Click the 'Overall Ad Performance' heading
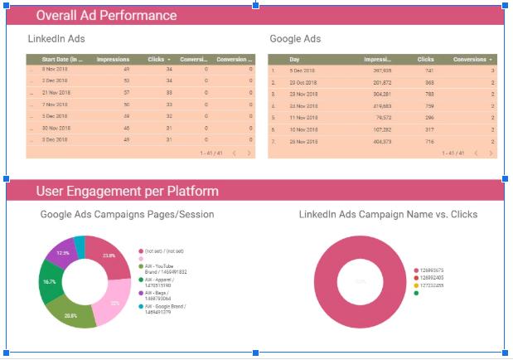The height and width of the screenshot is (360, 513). point(106,16)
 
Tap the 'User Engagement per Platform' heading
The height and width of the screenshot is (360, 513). point(127,192)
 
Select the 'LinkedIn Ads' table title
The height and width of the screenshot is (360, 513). point(56,39)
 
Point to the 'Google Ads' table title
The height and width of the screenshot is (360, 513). point(295,39)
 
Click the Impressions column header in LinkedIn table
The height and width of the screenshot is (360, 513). point(113,60)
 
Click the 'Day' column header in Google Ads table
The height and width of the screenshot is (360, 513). point(294,60)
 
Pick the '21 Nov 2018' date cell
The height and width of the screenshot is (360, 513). point(56,93)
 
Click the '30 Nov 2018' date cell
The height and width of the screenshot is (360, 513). point(56,128)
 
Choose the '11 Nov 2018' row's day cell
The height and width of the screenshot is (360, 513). point(303,118)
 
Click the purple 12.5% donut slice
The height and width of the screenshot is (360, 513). point(61,251)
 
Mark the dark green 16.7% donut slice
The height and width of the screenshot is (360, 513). point(51,282)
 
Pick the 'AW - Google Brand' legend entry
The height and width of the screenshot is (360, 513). point(165,309)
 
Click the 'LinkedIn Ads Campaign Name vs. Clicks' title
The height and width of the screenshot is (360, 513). point(388,215)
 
